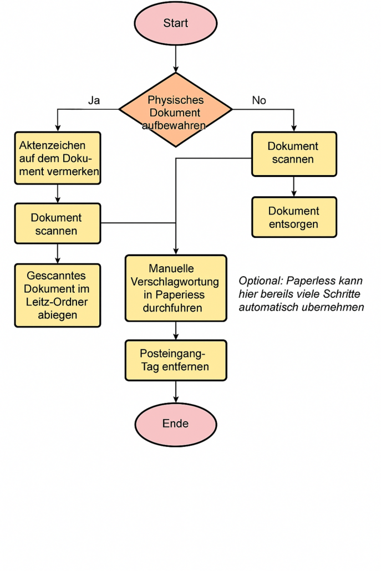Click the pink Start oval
176,23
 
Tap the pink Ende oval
176,424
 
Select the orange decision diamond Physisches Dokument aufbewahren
176,110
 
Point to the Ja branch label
94,100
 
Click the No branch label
259,100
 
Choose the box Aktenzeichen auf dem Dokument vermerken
58,159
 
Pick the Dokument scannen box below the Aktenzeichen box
58,224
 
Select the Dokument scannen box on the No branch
294,154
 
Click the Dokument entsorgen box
294,217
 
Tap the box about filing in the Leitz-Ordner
58,295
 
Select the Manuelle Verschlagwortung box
176,288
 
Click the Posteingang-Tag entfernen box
176,360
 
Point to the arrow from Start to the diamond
176,59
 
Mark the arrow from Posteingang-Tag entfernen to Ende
176,392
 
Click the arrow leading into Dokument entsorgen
294,187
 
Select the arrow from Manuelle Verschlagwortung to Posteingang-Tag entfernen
176,331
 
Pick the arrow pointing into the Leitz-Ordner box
58,254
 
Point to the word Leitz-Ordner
58,302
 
